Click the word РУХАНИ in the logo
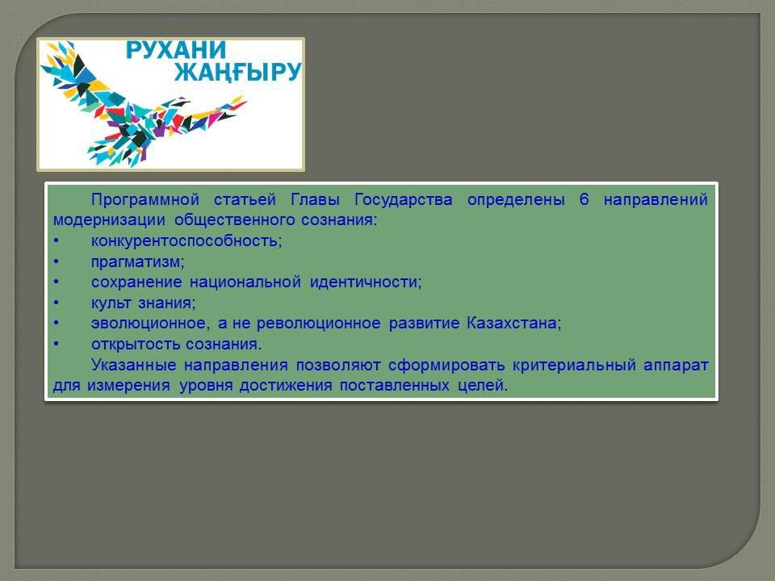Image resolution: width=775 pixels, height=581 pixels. pyautogui.click(x=175, y=50)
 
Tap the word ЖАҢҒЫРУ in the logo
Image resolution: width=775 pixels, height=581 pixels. pyautogui.click(x=237, y=72)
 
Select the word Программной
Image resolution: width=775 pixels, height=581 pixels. pyautogui.click(x=145, y=199)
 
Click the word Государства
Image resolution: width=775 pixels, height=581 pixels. pyautogui.click(x=404, y=199)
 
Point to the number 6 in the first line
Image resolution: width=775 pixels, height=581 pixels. pyautogui.click(x=584, y=199)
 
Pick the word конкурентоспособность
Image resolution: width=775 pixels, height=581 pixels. pyautogui.click(x=186, y=241)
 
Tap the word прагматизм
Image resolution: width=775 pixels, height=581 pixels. pyautogui.click(x=137, y=261)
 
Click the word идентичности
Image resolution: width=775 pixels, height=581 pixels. pyautogui.click(x=366, y=282)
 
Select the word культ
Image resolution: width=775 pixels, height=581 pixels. pyautogui.click(x=111, y=303)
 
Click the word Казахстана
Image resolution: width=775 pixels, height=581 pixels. pyautogui.click(x=514, y=323)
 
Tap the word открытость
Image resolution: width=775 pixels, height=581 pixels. pyautogui.click(x=131, y=345)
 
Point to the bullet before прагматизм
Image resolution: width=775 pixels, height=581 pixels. pyautogui.click(x=57, y=261)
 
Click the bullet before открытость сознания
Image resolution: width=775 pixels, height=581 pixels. pyautogui.click(x=57, y=344)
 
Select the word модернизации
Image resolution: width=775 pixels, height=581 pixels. pyautogui.click(x=109, y=220)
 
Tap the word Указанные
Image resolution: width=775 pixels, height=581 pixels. pyautogui.click(x=133, y=365)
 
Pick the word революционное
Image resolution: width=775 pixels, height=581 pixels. pyautogui.click(x=319, y=324)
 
